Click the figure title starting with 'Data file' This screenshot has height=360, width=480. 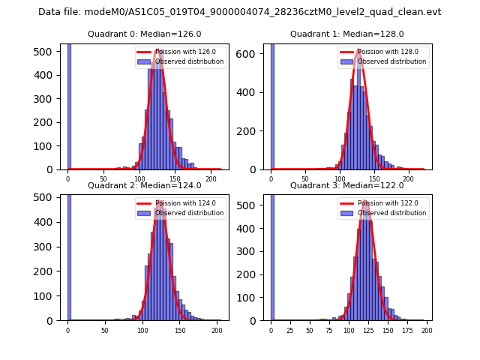point(240,12)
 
